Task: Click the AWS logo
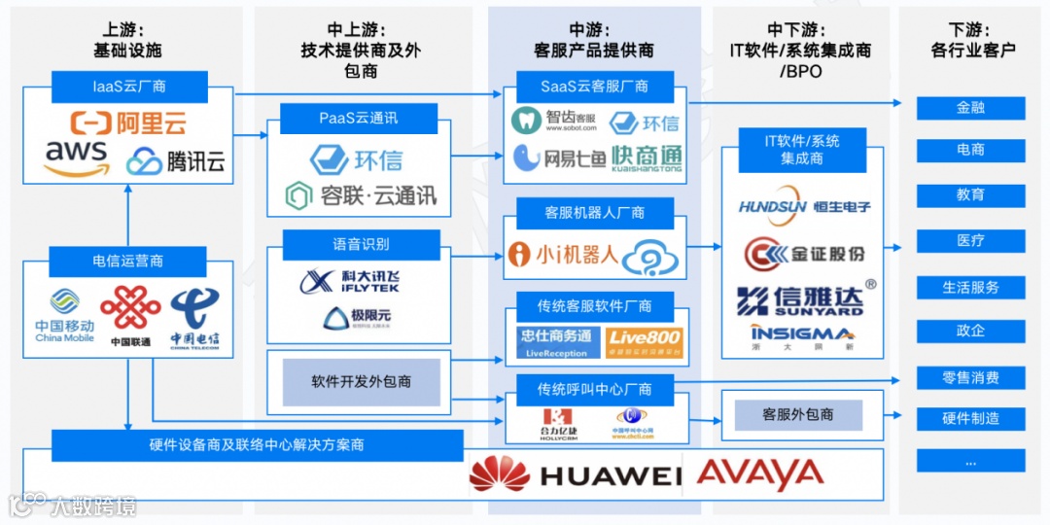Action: click(x=75, y=158)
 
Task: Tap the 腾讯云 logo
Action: click(x=176, y=160)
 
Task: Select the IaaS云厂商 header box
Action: click(x=129, y=87)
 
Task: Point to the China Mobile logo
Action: click(x=65, y=317)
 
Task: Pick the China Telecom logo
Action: click(x=194, y=317)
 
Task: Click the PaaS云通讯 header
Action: click(x=358, y=119)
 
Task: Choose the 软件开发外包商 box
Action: click(x=361, y=382)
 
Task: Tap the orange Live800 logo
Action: click(x=643, y=342)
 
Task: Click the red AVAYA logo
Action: click(x=760, y=474)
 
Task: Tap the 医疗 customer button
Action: click(x=970, y=240)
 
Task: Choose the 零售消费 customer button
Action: click(x=970, y=377)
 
